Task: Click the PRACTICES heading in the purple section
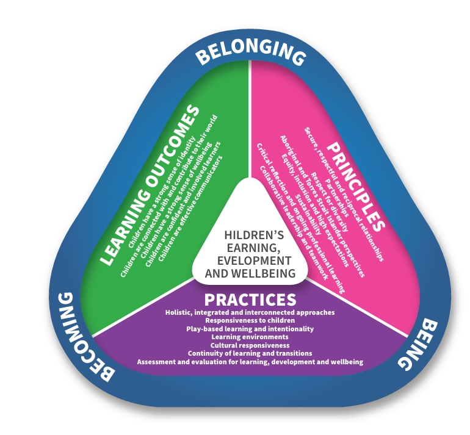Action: click(x=250, y=300)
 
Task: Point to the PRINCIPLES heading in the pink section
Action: click(x=356, y=186)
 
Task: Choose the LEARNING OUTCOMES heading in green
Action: click(x=149, y=184)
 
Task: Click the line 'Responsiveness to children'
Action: click(x=250, y=320)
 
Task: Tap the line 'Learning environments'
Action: click(x=250, y=337)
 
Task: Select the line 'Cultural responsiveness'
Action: click(x=250, y=345)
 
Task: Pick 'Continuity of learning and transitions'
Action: click(x=250, y=353)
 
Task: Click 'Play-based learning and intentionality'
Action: click(x=250, y=329)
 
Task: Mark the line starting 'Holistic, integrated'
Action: click(x=250, y=312)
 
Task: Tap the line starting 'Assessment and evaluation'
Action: click(x=250, y=362)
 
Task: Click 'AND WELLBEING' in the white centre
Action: click(x=250, y=273)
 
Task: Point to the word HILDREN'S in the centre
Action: click(x=254, y=235)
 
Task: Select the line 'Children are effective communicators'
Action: click(x=190, y=208)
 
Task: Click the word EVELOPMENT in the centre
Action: click(x=254, y=261)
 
